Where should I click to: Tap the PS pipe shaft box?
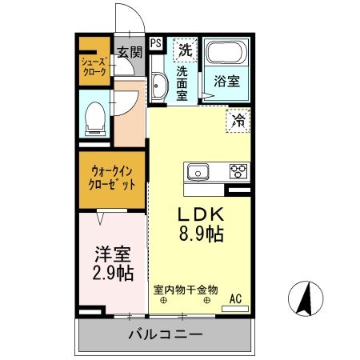point(155,43)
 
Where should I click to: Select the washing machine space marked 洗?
point(186,49)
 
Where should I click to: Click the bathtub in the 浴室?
point(228,54)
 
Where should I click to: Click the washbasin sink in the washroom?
point(158,87)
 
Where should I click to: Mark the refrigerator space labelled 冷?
point(238,122)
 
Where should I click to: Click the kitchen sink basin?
point(197,171)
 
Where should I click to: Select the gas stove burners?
point(238,171)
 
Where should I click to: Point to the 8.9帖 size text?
point(200,234)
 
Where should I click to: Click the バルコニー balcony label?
point(165,334)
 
